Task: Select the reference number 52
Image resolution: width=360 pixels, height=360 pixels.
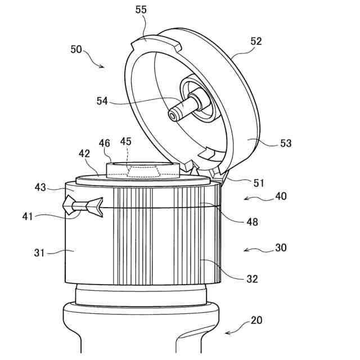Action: click(x=256, y=42)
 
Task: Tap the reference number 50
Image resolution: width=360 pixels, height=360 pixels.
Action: click(x=76, y=49)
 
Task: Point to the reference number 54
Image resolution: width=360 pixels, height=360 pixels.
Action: click(x=102, y=101)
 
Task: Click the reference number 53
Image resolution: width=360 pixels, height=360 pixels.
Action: click(x=286, y=143)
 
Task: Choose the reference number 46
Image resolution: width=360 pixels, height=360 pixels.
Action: click(x=105, y=144)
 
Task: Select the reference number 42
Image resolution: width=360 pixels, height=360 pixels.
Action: click(x=84, y=153)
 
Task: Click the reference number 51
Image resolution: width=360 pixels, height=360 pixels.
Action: click(x=259, y=183)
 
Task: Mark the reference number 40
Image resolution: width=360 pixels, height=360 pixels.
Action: click(x=280, y=196)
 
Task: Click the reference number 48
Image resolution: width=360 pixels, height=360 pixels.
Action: click(x=252, y=222)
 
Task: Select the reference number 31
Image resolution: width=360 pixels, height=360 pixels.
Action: click(x=39, y=253)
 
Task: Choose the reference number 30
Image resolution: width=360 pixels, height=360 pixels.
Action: click(x=280, y=247)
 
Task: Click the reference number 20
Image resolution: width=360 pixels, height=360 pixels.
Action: click(x=256, y=321)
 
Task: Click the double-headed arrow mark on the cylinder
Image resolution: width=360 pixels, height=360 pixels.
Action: click(x=83, y=206)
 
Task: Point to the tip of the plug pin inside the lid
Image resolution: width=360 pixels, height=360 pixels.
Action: click(x=172, y=115)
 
